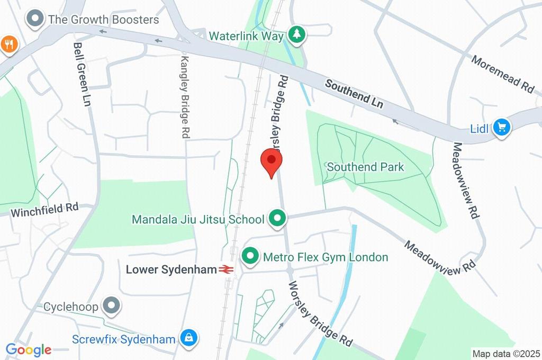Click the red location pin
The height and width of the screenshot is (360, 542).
click(x=272, y=161)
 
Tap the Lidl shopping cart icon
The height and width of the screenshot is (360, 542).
click(x=501, y=127)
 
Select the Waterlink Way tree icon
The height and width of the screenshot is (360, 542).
click(x=297, y=35)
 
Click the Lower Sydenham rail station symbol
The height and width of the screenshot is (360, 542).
click(x=227, y=269)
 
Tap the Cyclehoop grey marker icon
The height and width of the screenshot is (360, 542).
click(x=112, y=305)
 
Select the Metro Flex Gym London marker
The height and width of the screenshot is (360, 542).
click(x=249, y=257)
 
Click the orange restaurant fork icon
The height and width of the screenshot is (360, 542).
click(x=8, y=44)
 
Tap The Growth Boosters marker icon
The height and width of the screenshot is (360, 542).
click(x=36, y=20)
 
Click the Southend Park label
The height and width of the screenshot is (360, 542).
click(x=365, y=167)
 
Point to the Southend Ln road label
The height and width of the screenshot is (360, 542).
click(x=354, y=94)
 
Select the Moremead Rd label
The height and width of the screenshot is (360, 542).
click(x=503, y=74)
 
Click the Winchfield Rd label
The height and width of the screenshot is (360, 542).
click(x=44, y=210)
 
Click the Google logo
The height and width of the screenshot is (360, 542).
click(x=29, y=349)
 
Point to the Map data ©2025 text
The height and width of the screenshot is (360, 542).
click(x=505, y=353)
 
